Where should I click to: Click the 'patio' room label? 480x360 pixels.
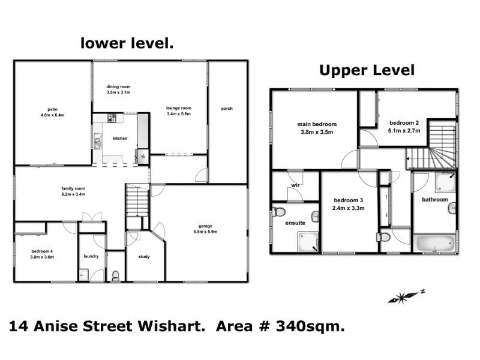[x=53, y=109]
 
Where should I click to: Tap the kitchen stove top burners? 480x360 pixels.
[x=112, y=118]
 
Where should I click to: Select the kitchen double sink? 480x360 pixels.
[x=97, y=143]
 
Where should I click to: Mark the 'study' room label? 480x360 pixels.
[x=143, y=257]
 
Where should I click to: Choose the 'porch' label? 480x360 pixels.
[x=226, y=109]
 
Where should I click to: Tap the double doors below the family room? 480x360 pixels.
[x=92, y=217]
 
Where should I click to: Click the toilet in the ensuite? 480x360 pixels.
[x=278, y=211]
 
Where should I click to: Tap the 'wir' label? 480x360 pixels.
[x=295, y=186]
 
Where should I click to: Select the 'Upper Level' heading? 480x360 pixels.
[x=366, y=70]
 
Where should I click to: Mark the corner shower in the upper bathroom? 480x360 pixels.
[x=445, y=182]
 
